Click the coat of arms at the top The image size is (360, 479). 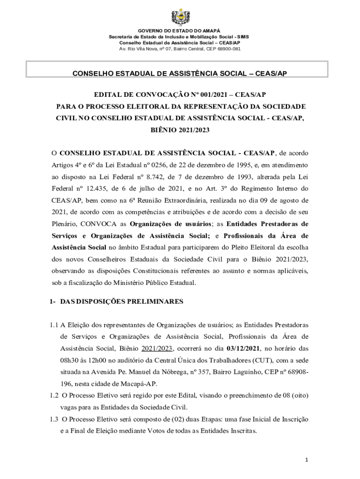point(180,17)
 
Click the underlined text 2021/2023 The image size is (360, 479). point(158,348)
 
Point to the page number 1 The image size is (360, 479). point(306,460)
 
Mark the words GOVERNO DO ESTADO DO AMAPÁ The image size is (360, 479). point(180,30)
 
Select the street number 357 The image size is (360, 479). point(193,372)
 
